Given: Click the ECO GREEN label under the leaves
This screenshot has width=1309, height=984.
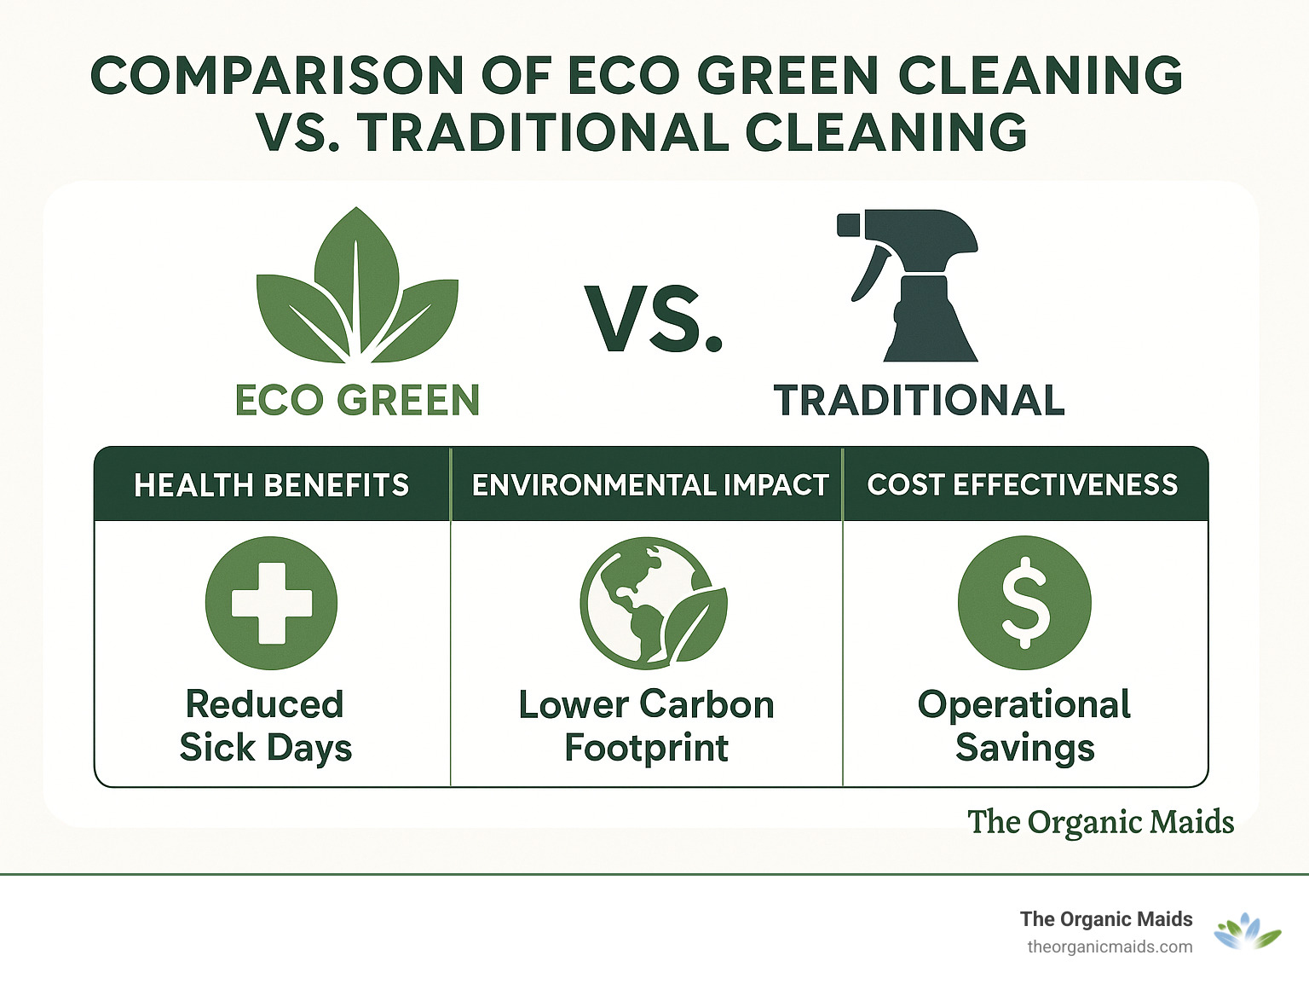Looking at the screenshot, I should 357,400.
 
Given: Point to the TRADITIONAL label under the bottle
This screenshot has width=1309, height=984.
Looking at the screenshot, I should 920,400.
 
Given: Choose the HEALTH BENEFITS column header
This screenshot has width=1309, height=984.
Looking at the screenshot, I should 272,485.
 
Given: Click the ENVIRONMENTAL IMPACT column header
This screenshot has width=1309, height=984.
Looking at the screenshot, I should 649,485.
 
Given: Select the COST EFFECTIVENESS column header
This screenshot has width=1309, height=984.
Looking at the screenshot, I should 1023,484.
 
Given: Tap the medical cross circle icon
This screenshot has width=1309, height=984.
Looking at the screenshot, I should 272,603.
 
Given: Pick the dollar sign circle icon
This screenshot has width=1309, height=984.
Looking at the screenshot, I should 1024,603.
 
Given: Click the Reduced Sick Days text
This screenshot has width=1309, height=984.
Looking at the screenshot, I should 266,726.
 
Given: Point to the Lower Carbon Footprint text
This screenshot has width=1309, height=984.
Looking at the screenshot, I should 647,726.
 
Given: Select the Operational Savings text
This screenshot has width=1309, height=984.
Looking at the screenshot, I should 1024,726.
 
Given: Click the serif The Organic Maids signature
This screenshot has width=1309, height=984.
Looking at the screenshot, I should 1100,822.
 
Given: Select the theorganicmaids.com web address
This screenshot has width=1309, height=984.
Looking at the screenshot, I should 1110,946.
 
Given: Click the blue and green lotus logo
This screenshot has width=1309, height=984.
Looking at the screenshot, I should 1247,932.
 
